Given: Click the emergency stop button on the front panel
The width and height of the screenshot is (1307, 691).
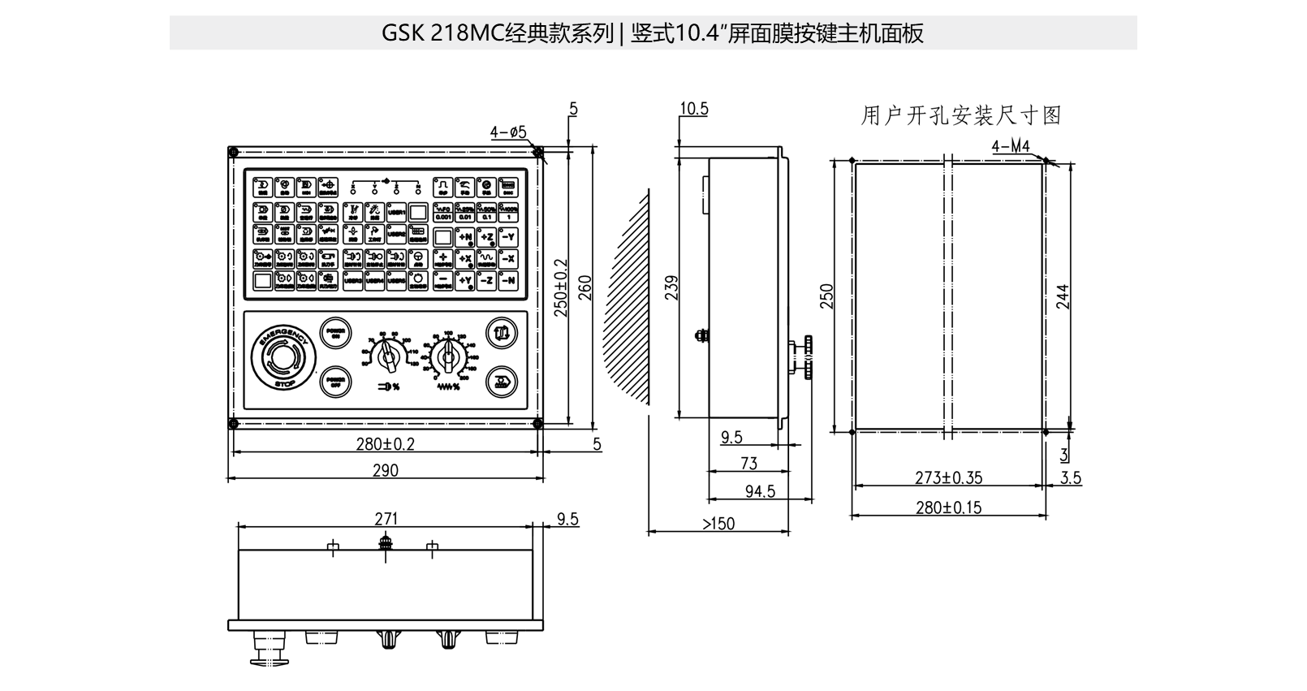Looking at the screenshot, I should tap(281, 357).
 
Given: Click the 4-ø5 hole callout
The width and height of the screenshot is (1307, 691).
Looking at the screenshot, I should tap(509, 132).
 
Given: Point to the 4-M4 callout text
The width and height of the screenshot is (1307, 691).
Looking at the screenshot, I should tap(1011, 146).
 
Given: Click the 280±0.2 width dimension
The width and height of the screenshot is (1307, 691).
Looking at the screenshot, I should tap(385, 444).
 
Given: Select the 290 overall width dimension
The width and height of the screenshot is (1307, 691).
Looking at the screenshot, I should tap(385, 471).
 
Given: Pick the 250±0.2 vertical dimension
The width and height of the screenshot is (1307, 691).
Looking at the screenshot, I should tap(561, 288).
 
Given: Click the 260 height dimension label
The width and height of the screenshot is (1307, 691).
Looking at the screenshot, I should tap(585, 288).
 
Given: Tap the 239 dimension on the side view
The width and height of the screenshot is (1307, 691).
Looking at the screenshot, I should tap(672, 288).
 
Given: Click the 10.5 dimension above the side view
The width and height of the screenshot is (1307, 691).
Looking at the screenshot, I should tap(694, 109).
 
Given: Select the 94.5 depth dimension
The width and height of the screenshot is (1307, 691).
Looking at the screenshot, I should tap(760, 491).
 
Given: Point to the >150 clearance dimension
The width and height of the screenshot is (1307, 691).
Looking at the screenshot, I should tap(718, 524).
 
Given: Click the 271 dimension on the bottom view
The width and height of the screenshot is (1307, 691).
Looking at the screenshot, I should tap(386, 519).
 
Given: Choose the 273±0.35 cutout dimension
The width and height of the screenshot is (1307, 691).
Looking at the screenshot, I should tap(948, 478).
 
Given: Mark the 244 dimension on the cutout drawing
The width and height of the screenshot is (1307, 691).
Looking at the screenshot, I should tap(1063, 296).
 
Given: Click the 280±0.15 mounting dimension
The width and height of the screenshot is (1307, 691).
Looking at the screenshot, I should tap(948, 508).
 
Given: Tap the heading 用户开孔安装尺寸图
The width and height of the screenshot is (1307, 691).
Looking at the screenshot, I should tap(961, 115).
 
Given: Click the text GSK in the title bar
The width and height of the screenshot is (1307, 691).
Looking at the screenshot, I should tap(398, 33).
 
